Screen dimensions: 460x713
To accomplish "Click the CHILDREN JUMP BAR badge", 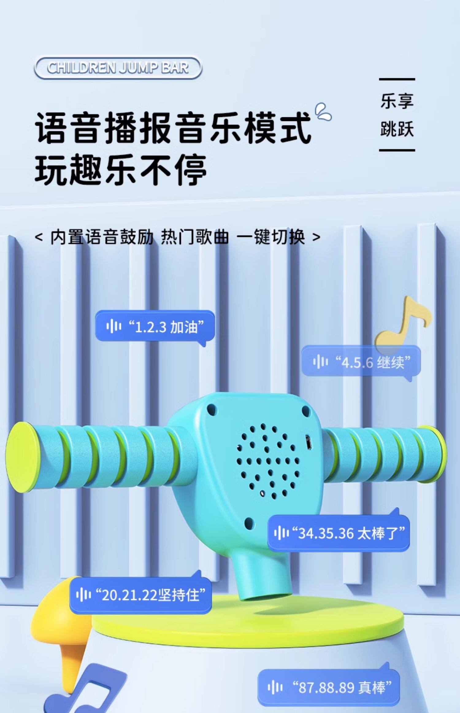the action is coord(118,68).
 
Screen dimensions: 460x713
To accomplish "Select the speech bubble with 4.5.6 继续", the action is coord(361,362).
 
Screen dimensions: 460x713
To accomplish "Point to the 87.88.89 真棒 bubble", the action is coord(329,687).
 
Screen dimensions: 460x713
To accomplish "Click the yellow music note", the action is coord(402,325).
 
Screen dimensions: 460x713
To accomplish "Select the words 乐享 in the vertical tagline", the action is coord(397,101).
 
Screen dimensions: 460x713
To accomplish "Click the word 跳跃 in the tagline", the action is coord(397,128).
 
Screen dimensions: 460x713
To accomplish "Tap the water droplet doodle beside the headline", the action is coord(324,112).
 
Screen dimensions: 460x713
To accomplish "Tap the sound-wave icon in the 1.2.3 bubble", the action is coord(114,326).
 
